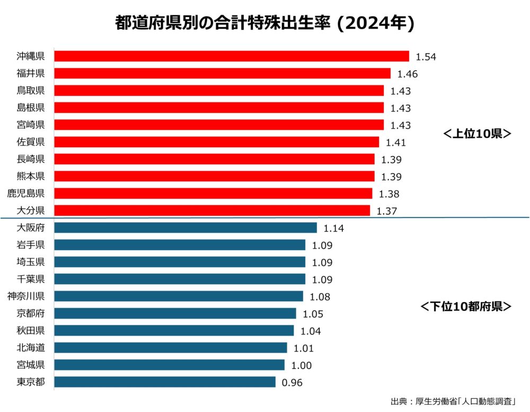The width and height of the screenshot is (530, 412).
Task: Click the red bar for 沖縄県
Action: tap(232, 56)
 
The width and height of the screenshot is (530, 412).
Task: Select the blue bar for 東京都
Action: tap(165, 382)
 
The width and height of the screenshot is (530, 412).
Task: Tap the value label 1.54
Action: tap(426, 57)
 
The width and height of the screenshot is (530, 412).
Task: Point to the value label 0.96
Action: tap(292, 383)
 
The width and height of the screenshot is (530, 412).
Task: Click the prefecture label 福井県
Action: tap(31, 73)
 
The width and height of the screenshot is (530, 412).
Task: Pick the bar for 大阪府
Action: tap(185, 228)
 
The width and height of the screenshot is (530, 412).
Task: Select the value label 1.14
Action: tap(333, 229)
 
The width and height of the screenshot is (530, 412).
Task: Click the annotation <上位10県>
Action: tap(476, 134)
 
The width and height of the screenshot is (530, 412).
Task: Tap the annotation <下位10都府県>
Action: tap(466, 306)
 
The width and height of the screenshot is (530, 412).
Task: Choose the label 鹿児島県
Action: tap(26, 194)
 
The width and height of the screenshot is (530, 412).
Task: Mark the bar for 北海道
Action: tap(171, 348)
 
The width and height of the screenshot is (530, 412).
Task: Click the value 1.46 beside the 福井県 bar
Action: tap(407, 74)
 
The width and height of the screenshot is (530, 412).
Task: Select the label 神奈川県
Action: tap(26, 296)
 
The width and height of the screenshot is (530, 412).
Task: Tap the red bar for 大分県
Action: tap(212, 211)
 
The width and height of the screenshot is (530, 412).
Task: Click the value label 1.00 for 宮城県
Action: tap(301, 365)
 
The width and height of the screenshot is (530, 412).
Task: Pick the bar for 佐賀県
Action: tap(217, 142)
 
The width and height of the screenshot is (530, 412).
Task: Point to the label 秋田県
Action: tap(31, 330)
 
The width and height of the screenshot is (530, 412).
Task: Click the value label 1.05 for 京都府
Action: tap(313, 314)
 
